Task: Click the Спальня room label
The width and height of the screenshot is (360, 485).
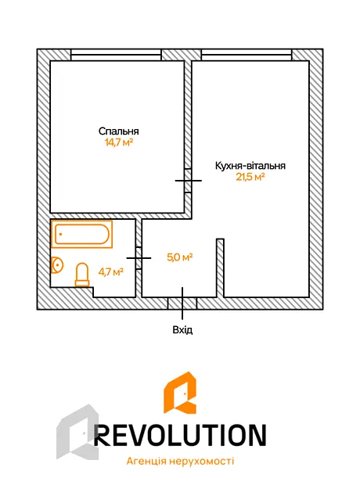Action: (x=118, y=131)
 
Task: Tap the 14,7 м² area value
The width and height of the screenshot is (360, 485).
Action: (x=119, y=142)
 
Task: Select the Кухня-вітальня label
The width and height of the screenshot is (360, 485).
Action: (x=250, y=166)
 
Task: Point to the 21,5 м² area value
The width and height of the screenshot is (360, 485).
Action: (x=250, y=177)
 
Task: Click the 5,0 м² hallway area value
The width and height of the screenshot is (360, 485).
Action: (x=180, y=257)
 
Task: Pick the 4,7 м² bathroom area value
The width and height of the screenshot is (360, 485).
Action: (x=111, y=272)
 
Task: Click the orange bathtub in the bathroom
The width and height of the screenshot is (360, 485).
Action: (x=81, y=234)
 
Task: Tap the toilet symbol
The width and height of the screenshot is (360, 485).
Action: (x=82, y=275)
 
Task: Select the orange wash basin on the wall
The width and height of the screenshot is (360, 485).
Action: (x=56, y=265)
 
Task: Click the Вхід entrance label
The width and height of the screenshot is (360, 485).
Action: (x=182, y=330)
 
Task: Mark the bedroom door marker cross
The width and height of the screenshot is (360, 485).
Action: (x=188, y=181)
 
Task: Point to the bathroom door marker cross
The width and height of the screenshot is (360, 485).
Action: (x=139, y=258)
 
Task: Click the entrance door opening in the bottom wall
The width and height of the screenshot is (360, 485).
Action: (x=182, y=304)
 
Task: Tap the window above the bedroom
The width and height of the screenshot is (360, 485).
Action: (x=116, y=55)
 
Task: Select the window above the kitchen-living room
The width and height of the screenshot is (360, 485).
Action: (x=247, y=55)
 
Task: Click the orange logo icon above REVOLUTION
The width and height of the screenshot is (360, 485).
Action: (x=180, y=393)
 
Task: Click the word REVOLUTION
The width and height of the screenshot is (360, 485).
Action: (x=180, y=435)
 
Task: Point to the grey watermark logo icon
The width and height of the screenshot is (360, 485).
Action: (x=77, y=432)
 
